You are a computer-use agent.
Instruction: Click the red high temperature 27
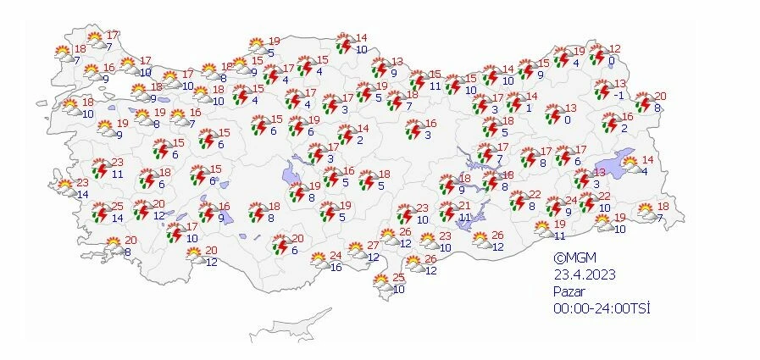373,246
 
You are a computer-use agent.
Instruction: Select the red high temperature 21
464,206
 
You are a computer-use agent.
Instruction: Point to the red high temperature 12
615,49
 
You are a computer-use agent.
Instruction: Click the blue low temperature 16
336,268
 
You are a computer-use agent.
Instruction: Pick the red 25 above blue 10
398,278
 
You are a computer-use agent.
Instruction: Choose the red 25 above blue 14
117,207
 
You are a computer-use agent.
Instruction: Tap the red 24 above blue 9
571,201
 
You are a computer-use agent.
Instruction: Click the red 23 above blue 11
117,163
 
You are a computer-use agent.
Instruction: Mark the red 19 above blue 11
559,224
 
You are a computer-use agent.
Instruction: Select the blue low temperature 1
528,108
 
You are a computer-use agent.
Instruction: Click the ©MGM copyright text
571,259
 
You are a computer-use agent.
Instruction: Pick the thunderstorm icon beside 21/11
447,211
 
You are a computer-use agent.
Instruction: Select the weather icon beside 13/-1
603,89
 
